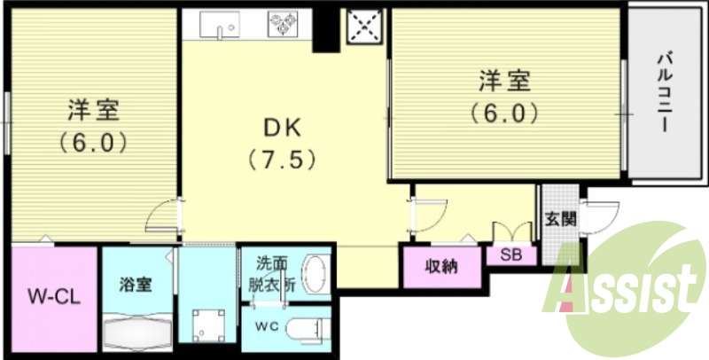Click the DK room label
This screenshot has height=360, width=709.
283,128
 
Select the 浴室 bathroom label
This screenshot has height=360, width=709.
136,285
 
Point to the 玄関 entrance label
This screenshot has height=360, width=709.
558,218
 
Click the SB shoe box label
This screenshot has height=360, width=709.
510,254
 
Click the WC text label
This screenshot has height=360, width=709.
267,326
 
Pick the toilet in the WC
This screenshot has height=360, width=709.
307,326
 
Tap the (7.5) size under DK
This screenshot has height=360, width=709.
282,162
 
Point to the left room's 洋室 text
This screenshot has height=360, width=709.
93,110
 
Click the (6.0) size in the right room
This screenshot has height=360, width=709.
504,113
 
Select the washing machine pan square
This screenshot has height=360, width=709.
208,324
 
